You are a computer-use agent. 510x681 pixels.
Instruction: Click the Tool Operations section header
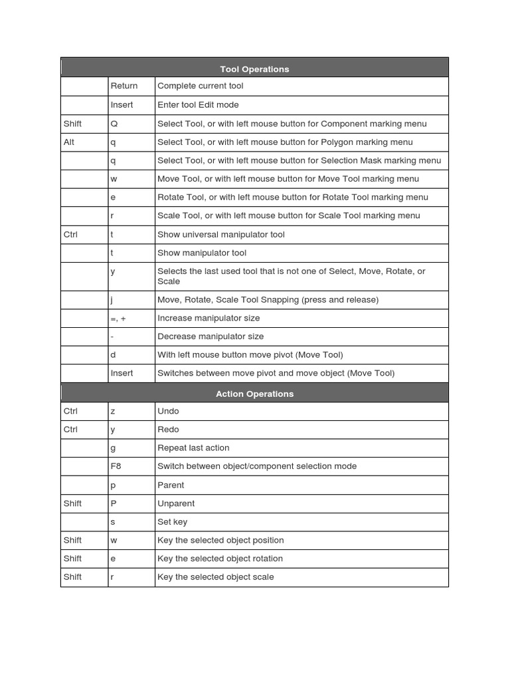pos(254,69)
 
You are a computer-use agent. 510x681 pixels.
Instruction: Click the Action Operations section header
pos(254,394)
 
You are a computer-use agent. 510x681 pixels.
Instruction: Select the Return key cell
pos(124,86)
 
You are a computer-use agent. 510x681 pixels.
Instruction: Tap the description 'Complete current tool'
pos(200,86)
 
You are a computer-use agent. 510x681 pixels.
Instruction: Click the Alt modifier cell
pos(69,142)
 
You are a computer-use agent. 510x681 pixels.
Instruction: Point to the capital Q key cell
pos(114,124)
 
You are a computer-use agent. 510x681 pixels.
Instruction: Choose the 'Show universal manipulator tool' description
pos(221,234)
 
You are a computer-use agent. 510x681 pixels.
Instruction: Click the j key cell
pos(112,299)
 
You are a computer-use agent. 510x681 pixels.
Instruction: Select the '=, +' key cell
pos(118,318)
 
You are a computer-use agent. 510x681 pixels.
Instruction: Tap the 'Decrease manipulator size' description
pos(211,337)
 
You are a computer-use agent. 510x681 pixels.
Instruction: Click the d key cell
pos(114,354)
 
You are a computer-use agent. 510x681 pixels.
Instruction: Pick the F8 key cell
pos(116,466)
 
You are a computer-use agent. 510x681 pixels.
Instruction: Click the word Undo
pos(168,411)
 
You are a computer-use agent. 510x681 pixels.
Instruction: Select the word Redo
pos(168,430)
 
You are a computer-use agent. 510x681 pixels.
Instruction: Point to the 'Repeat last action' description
pos(193,448)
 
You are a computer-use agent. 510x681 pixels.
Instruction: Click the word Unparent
pos(176,503)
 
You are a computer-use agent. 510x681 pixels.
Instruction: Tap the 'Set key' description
pos(172,522)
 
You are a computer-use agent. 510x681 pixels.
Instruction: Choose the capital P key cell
pos(114,503)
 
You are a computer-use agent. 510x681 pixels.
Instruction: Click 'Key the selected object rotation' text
pos(220,559)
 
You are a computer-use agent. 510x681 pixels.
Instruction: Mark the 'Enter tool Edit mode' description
pos(198,104)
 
